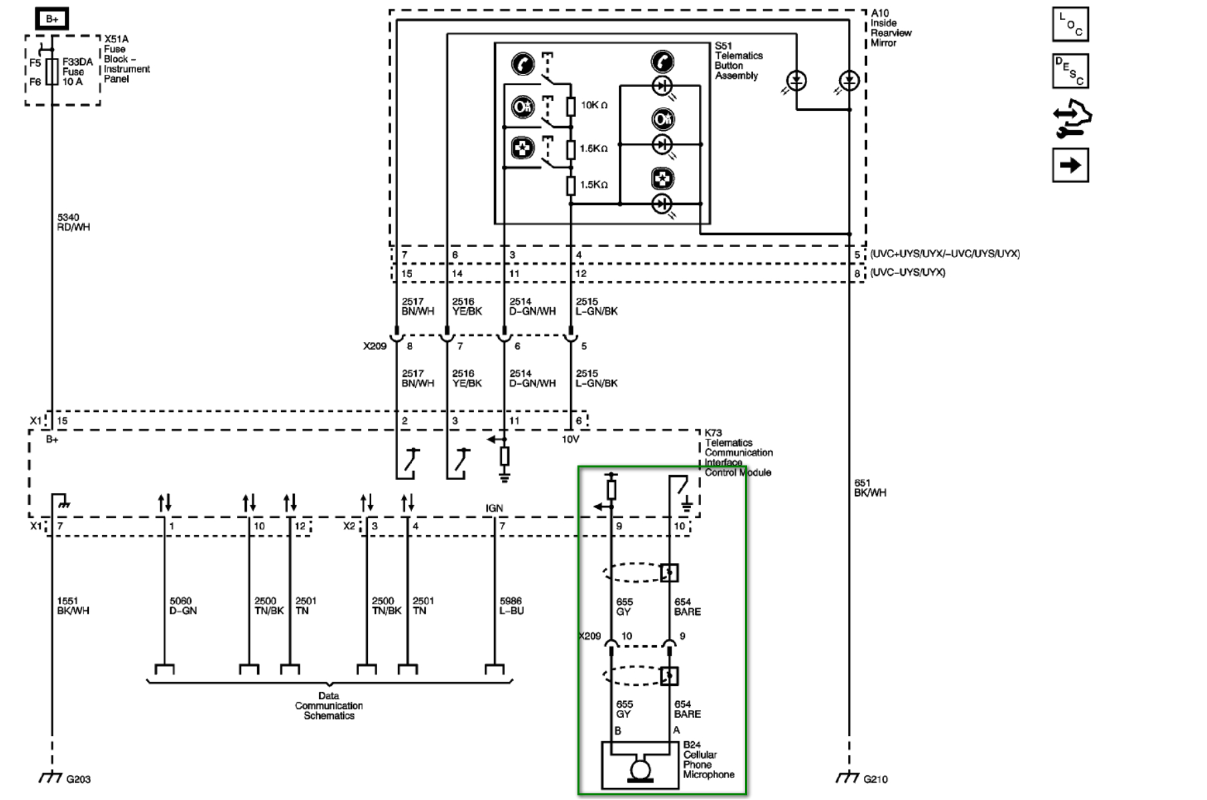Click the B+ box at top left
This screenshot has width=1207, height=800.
pyautogui.click(x=52, y=19)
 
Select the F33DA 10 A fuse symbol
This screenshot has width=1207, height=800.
pyautogui.click(x=52, y=71)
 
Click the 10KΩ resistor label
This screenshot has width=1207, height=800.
pyautogui.click(x=593, y=106)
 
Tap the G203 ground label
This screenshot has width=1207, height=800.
pyautogui.click(x=78, y=779)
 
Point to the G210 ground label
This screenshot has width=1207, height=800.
pyautogui.click(x=875, y=779)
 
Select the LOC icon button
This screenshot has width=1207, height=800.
pyautogui.click(x=1070, y=25)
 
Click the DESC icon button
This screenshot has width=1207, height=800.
pyautogui.click(x=1070, y=71)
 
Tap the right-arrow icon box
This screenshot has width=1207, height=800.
pyautogui.click(x=1070, y=165)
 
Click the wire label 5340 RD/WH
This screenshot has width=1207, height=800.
pyautogui.click(x=73, y=222)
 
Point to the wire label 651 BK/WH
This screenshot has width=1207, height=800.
pyautogui.click(x=870, y=487)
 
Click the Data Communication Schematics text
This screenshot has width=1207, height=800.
pyautogui.click(x=328, y=706)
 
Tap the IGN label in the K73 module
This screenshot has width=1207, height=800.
pyautogui.click(x=494, y=508)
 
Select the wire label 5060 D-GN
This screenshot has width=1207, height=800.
pyautogui.click(x=182, y=606)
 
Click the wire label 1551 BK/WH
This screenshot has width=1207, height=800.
pyautogui.click(x=73, y=606)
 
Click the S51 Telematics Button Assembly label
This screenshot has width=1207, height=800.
pyautogui.click(x=738, y=61)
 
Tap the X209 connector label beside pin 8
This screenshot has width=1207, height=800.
pyautogui.click(x=375, y=346)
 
